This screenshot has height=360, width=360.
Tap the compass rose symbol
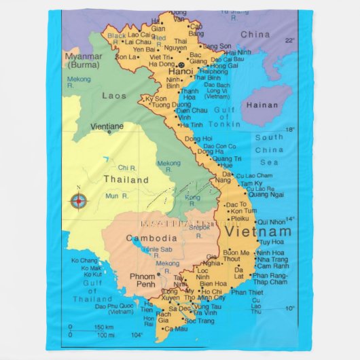coord(79,200)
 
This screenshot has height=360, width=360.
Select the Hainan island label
coord(262,105)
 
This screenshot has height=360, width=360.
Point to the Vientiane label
coord(107,126)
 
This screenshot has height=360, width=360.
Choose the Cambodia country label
coord(152,238)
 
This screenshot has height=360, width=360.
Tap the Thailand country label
coord(126,180)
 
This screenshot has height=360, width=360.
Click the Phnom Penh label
coord(143,281)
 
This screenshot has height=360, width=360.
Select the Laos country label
coord(113,96)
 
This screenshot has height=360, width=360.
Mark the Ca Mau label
coord(175,329)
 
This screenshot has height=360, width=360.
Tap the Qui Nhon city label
coord(271,221)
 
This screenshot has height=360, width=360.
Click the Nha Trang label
coord(272,259)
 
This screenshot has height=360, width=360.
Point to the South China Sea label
coord(269,149)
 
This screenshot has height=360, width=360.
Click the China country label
coord(255,34)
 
